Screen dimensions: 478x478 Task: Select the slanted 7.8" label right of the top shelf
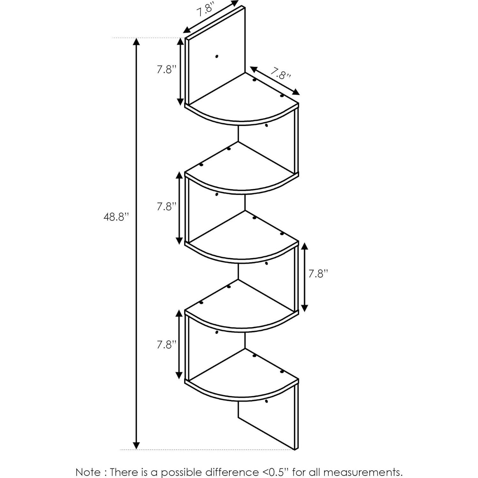(x=281, y=74)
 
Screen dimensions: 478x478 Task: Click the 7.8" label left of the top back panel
(x=166, y=69)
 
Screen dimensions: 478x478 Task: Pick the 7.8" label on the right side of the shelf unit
(x=318, y=274)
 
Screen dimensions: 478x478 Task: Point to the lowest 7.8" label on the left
(x=166, y=345)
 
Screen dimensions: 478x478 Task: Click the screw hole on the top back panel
(x=217, y=57)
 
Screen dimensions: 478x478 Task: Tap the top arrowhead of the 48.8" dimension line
(x=136, y=42)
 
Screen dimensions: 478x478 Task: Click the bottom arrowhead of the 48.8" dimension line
(x=136, y=445)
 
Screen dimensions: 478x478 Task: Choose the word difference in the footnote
(x=231, y=463)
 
